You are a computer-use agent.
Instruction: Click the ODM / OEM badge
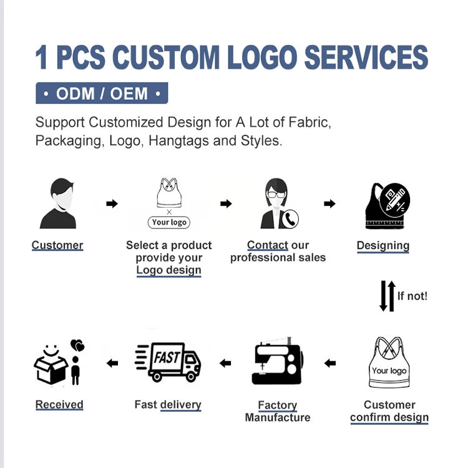coord(102,94)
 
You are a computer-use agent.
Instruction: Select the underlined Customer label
coord(57,245)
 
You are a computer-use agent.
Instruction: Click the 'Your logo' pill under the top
coord(168,222)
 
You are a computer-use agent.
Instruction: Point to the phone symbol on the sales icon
coord(290,218)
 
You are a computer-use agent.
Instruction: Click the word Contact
coord(268,245)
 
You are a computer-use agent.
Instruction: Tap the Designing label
coord(383,245)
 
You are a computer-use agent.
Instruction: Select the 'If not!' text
coord(412,296)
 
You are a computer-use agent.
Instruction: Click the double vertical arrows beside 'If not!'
coord(388,296)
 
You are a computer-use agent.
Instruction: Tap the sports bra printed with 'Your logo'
coord(389,365)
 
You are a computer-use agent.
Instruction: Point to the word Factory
coord(278,406)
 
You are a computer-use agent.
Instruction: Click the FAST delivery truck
coord(168,362)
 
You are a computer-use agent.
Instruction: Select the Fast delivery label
coord(168,405)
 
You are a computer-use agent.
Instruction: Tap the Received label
coord(59,405)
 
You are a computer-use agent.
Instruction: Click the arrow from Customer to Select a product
coord(112,203)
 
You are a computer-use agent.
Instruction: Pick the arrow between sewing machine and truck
coord(225,363)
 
